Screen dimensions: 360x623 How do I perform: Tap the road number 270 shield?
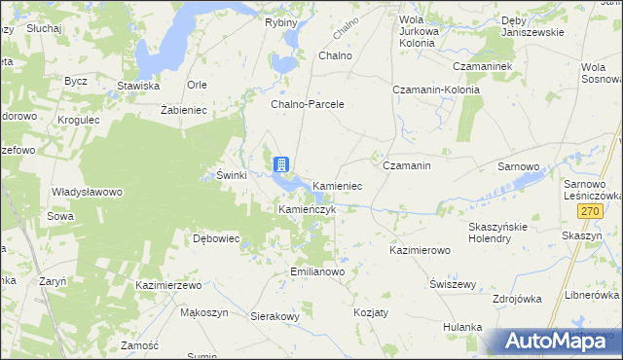coord(589,211)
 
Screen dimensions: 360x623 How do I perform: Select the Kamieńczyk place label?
coord(308,209)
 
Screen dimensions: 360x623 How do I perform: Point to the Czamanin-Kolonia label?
coord(431,89)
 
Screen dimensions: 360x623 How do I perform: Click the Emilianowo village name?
coord(317,271)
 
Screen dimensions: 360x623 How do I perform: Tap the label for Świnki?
coord(231,175)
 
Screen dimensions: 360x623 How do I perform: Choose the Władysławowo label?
coord(87,192)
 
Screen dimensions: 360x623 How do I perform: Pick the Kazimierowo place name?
coord(420,250)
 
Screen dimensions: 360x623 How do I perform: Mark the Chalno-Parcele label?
coord(308,103)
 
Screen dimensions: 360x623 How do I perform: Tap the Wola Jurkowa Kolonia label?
coord(419,24)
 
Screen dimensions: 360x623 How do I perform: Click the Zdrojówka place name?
coord(517,299)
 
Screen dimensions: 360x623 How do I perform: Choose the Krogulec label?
coord(79,120)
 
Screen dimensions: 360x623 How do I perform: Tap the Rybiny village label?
coord(280,22)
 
